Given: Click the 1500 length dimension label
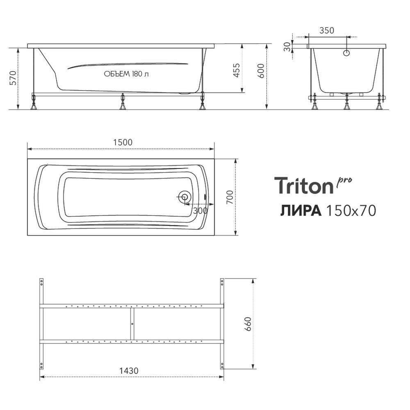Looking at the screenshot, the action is click(123, 142).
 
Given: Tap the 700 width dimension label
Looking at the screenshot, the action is click(229, 197).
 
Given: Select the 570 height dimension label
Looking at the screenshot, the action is click(13, 77).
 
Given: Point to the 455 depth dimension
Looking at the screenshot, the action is click(236, 70).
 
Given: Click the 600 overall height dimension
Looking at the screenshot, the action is click(261, 71).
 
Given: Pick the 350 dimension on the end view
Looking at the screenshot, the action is click(327, 30).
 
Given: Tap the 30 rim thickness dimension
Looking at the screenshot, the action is click(287, 47).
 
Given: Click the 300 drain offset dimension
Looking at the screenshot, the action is click(200, 210).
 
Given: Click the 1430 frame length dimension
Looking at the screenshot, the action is click(129, 371).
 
